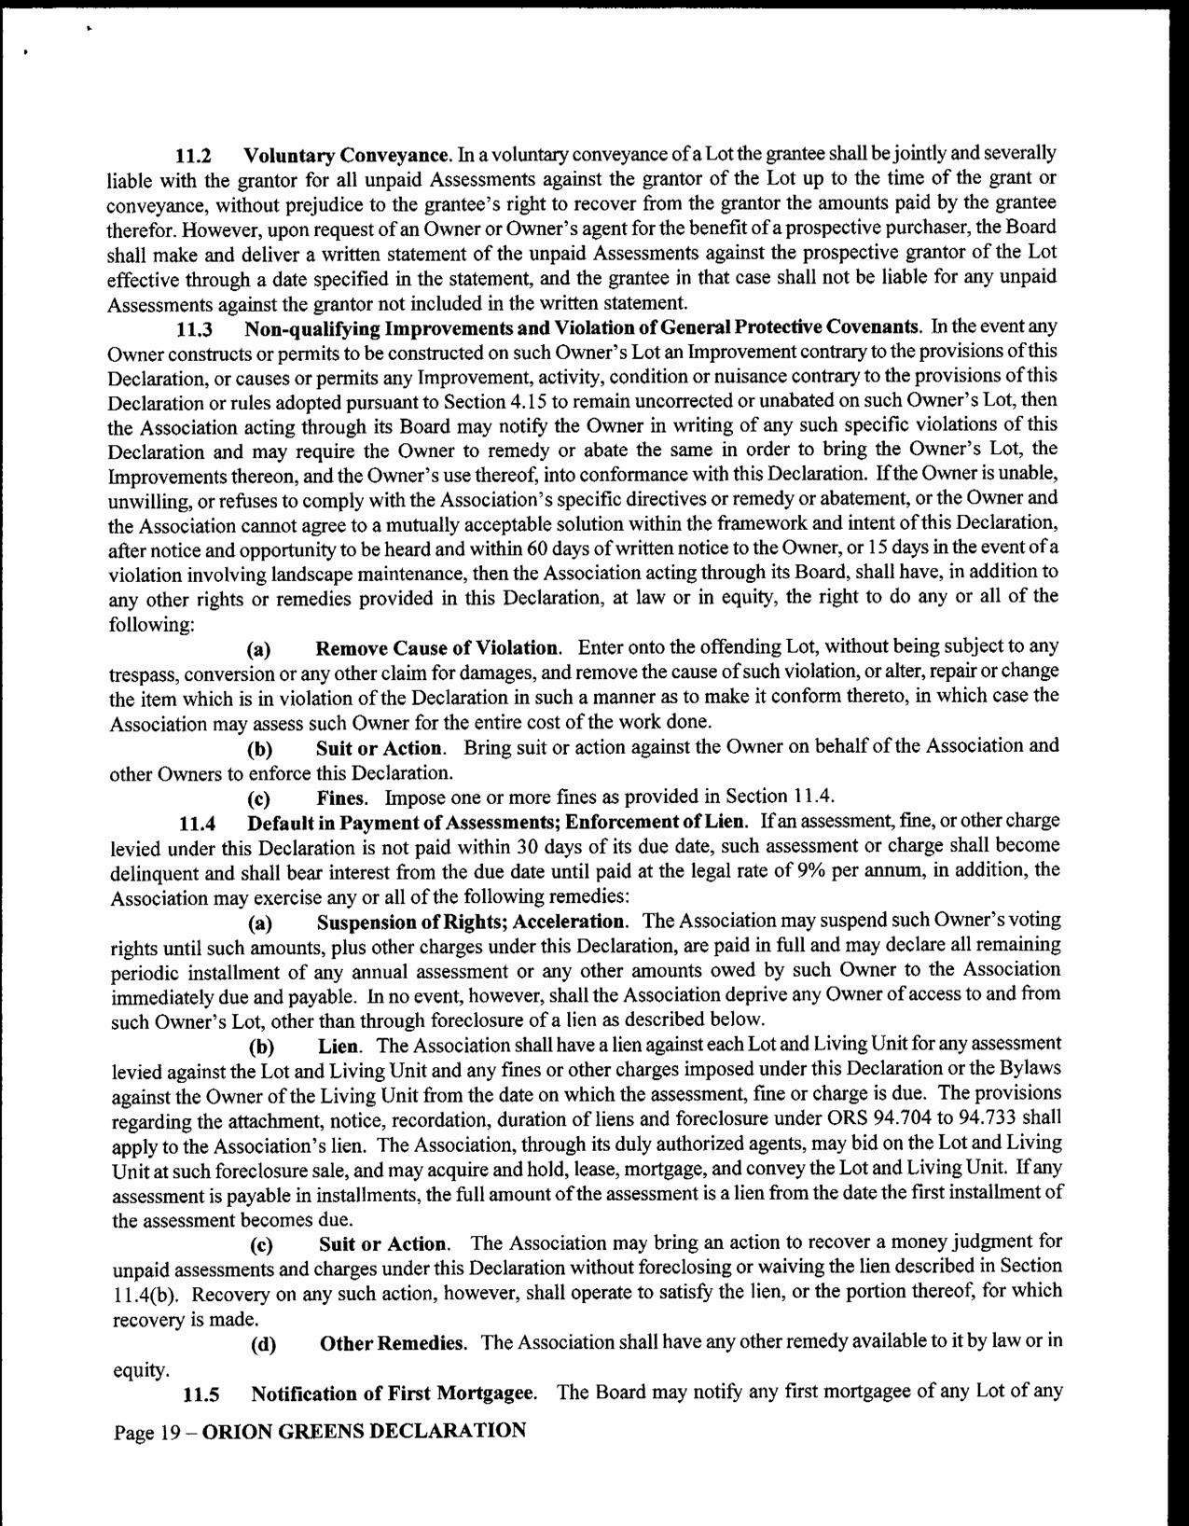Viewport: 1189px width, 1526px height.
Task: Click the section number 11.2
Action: click(194, 154)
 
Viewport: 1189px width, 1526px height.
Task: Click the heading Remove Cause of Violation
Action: click(438, 648)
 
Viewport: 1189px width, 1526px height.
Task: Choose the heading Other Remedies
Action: click(393, 1344)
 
